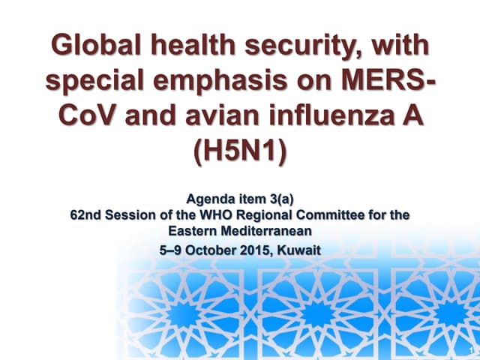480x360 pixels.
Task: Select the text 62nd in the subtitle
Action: coord(84,215)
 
